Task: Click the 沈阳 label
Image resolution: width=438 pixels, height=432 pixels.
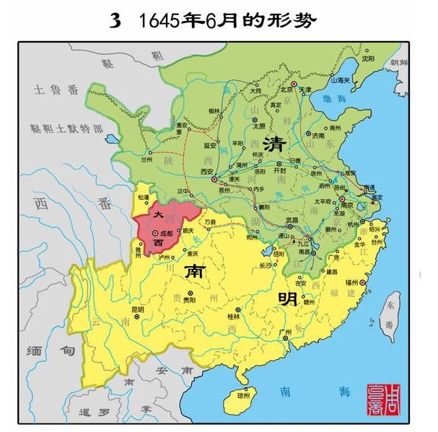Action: pos(368,57)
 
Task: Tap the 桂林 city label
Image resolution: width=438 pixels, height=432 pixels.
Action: pos(232,315)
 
